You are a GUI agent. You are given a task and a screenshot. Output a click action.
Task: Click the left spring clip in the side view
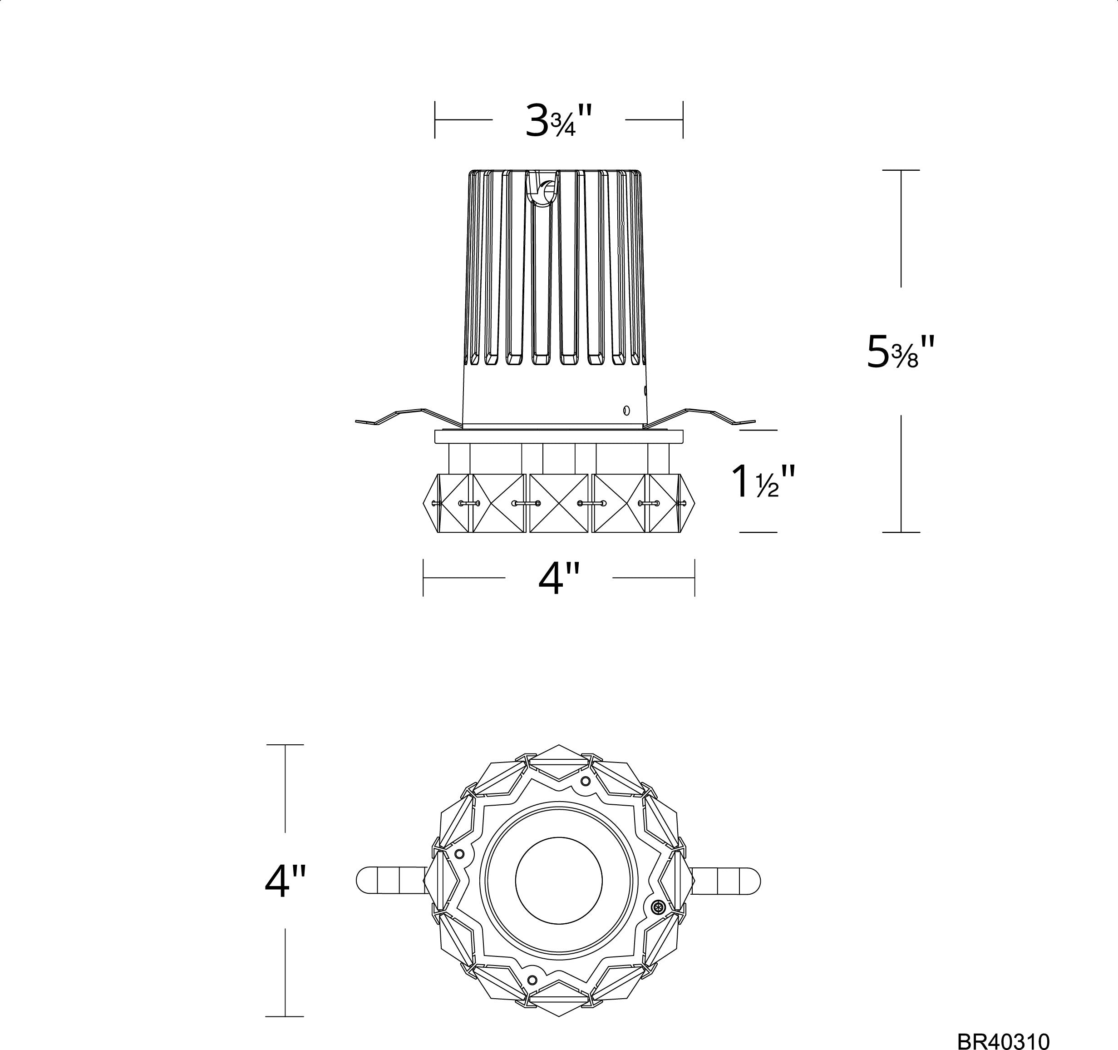(x=409, y=416)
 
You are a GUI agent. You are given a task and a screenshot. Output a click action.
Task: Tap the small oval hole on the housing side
(x=626, y=410)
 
